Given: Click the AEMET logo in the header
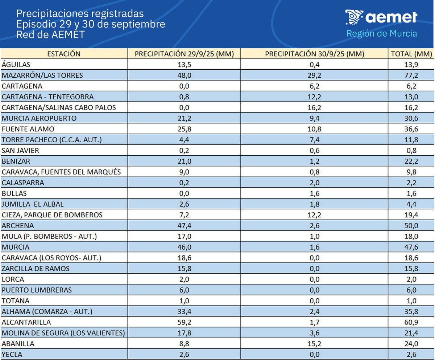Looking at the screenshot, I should (x=381, y=17).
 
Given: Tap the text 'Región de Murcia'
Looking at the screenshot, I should (x=381, y=34).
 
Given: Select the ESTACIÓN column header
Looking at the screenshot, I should (x=64, y=54).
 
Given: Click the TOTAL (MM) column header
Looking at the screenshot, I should (x=411, y=54).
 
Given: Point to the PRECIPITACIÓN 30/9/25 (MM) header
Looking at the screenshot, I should (x=314, y=54).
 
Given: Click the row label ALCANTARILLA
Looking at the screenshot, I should (x=26, y=322).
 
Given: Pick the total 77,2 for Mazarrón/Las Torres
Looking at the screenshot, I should (x=411, y=75).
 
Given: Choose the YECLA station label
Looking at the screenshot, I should (x=12, y=355).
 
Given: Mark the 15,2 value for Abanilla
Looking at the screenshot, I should (x=314, y=344).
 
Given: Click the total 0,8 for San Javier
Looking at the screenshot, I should (x=411, y=151).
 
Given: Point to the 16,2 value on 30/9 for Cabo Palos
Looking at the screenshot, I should (x=314, y=108).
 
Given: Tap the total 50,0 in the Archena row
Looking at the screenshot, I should (x=411, y=226).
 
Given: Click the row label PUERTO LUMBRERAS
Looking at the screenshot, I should (x=37, y=290).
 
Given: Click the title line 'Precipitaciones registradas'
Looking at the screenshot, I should (x=80, y=14).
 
